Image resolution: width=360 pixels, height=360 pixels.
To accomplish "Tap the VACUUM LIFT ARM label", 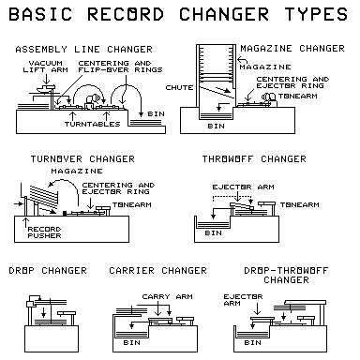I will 49,68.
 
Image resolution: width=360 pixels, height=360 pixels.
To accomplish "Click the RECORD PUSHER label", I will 38,231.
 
